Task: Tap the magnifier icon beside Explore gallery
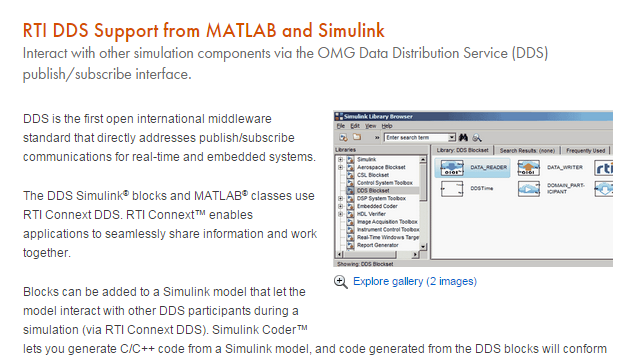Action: point(341,282)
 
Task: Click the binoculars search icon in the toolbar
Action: point(462,137)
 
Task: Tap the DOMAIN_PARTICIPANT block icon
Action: point(528,188)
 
